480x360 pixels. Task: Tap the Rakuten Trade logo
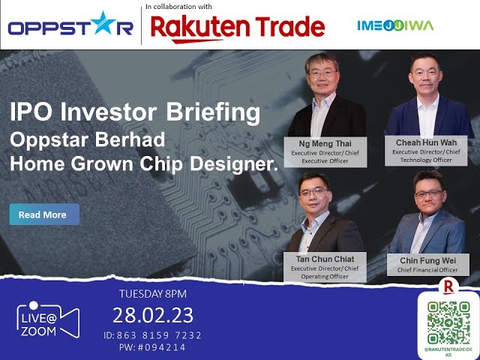[238, 28]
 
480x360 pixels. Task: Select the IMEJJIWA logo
[395, 25]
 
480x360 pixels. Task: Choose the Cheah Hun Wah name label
[427, 142]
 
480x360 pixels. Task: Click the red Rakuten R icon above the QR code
[449, 286]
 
